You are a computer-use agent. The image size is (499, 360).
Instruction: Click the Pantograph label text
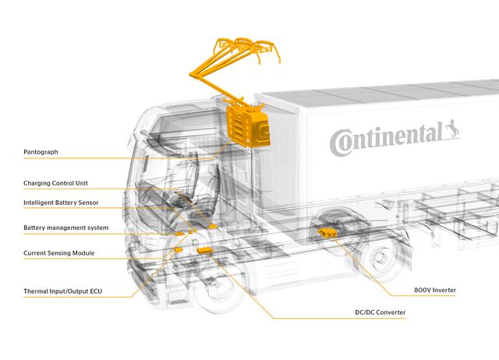click(x=41, y=152)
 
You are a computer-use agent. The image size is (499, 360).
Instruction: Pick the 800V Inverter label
click(x=435, y=289)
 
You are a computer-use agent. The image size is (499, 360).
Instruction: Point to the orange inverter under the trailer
click(x=327, y=231)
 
